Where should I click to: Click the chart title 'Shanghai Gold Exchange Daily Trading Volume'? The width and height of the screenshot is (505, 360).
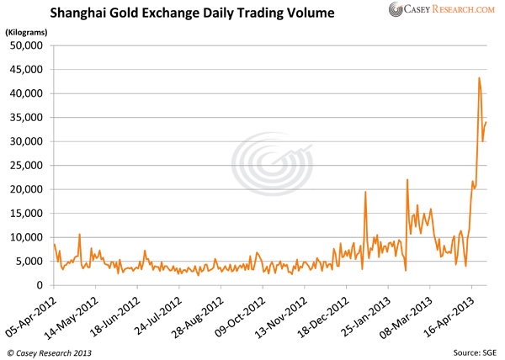192,14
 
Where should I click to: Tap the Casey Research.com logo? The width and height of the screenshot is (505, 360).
442,10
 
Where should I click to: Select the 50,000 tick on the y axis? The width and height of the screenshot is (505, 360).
29,45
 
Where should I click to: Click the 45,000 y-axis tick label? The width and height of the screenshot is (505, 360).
29,70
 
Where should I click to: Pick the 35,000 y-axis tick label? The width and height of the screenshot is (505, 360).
29,118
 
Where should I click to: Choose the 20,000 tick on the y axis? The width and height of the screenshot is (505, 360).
29,190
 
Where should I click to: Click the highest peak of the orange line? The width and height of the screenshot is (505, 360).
479,78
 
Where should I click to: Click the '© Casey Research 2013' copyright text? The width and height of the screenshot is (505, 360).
50,349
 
